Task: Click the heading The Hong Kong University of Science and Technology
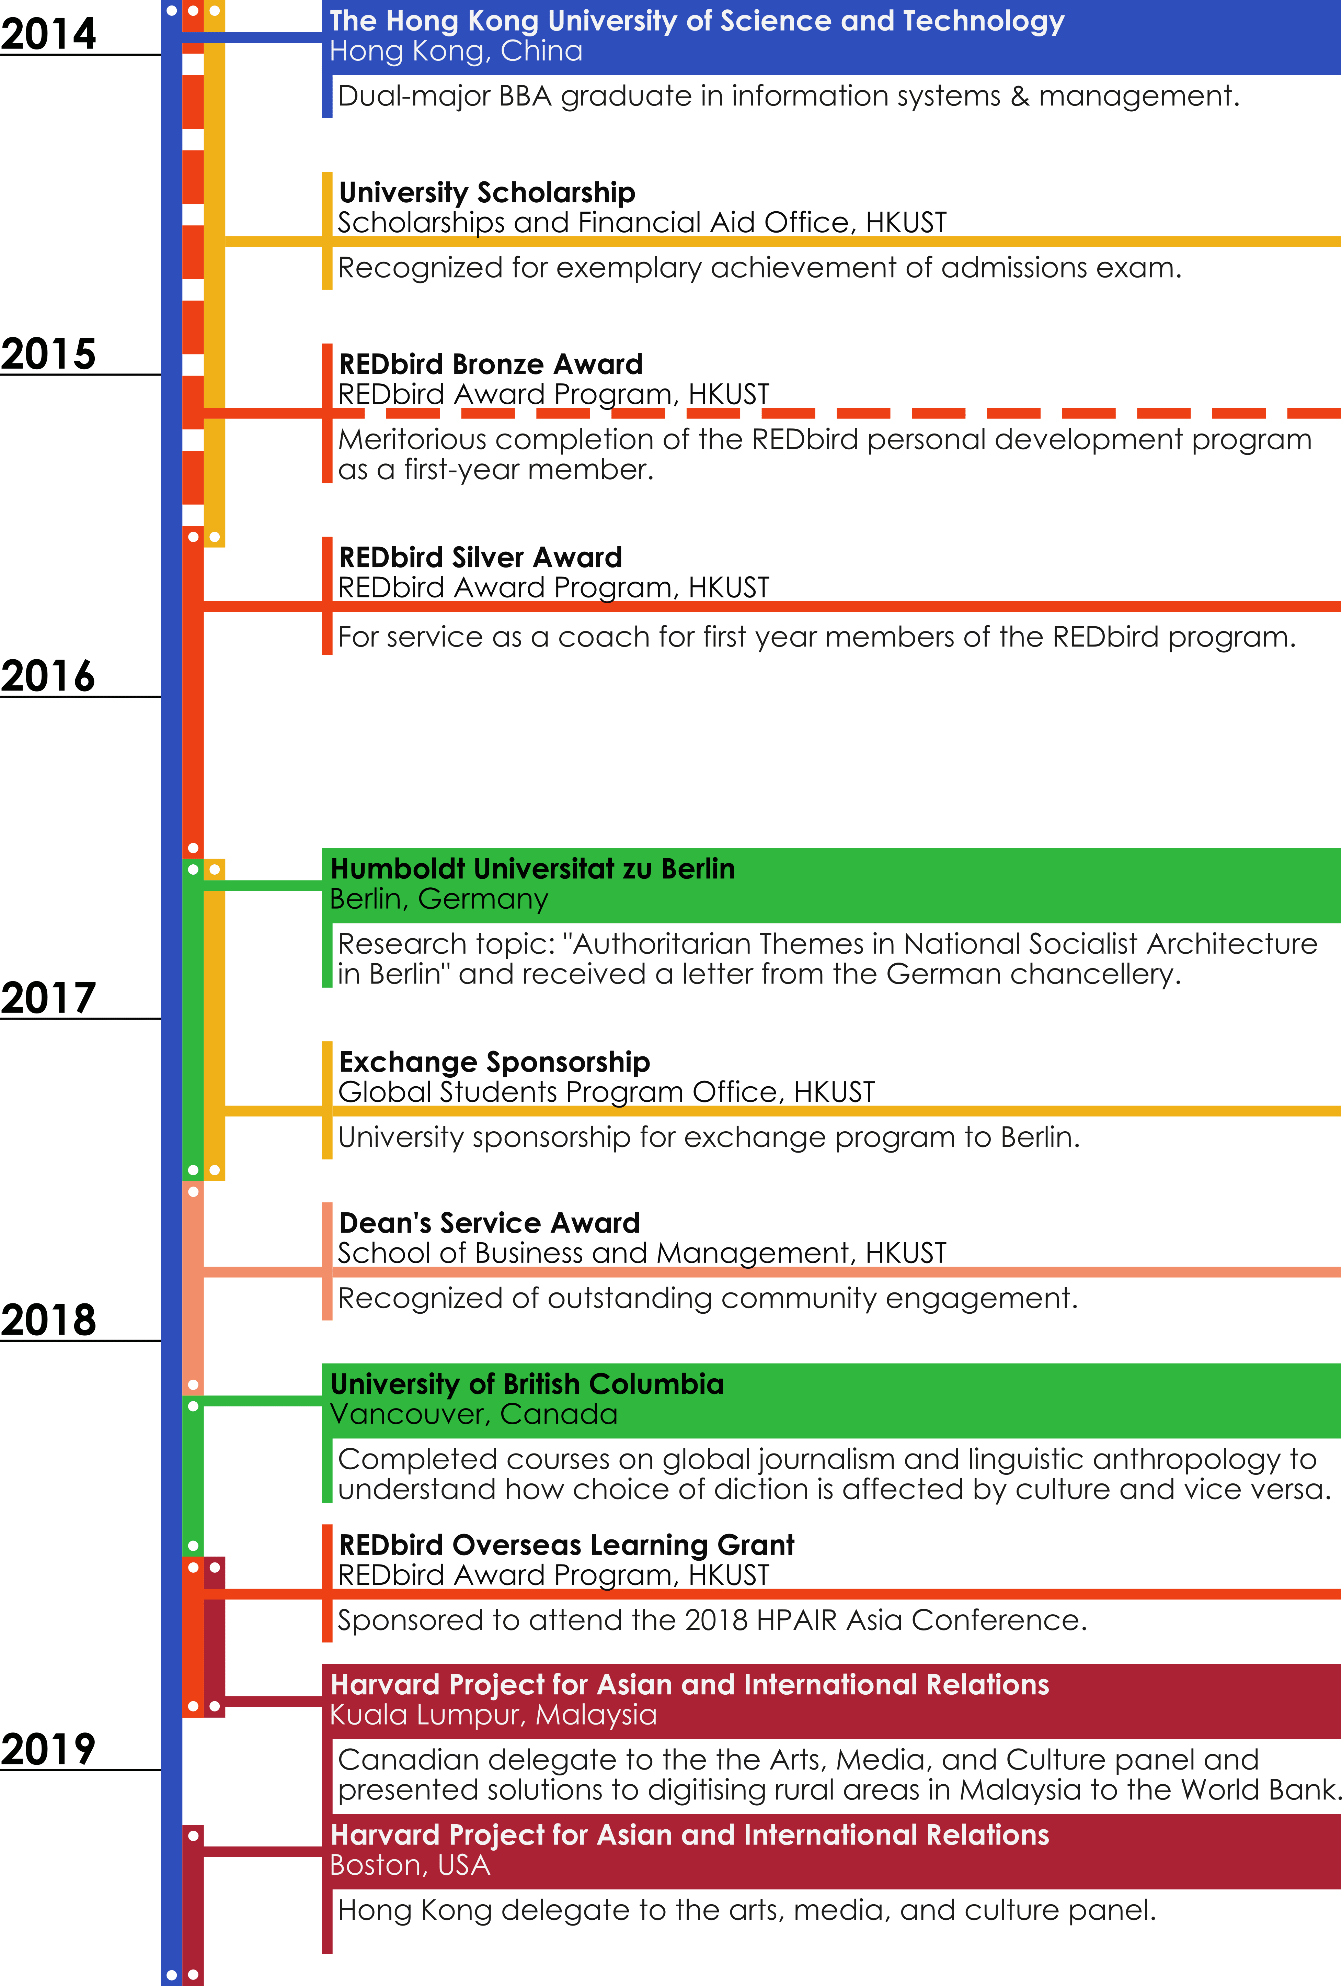point(696,21)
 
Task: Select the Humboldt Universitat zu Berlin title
point(532,869)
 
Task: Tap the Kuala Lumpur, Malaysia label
point(493,1715)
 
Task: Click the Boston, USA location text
point(410,1865)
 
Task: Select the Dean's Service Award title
point(489,1223)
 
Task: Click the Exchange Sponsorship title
point(494,1062)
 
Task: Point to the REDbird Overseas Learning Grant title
point(566,1545)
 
